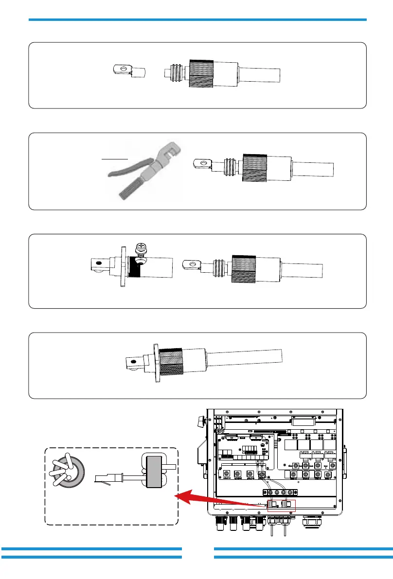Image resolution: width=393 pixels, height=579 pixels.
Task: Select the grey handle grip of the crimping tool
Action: (x=130, y=186)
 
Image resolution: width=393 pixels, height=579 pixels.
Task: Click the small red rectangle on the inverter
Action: (x=288, y=505)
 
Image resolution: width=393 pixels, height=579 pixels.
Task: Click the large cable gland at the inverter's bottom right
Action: (x=312, y=524)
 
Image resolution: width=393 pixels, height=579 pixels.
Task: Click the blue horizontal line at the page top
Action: (x=197, y=20)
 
